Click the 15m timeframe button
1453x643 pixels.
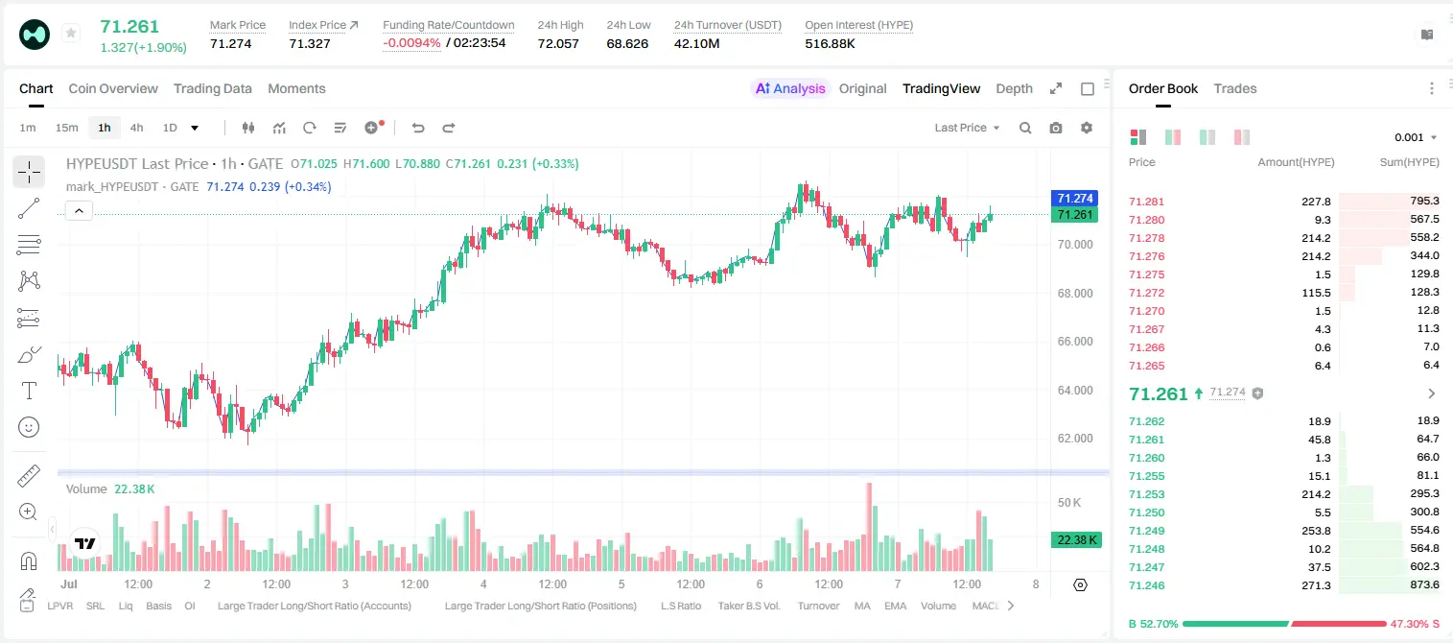[x=66, y=128]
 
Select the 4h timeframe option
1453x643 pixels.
[x=136, y=128]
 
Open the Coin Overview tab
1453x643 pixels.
[x=113, y=88]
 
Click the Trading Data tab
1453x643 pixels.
[x=212, y=88]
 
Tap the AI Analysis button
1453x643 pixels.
[x=790, y=88]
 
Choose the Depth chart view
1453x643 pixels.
[x=1014, y=88]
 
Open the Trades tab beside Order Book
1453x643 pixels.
[x=1235, y=88]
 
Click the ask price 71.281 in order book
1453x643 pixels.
[x=1146, y=202]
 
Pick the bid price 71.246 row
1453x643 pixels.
[x=1146, y=585]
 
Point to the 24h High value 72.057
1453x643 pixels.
[x=558, y=43]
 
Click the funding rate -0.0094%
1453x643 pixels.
[x=411, y=43]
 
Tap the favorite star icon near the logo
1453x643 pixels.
[x=71, y=33]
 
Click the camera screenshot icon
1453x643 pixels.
[x=1055, y=128]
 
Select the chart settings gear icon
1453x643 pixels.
[x=1087, y=128]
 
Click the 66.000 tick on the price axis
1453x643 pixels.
[x=1075, y=342]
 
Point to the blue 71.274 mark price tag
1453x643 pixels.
[x=1074, y=198]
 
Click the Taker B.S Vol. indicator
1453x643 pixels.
[x=748, y=606]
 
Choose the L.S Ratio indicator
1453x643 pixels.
[x=680, y=606]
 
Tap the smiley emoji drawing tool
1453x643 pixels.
[x=29, y=427]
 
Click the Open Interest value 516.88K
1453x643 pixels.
[x=830, y=43]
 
